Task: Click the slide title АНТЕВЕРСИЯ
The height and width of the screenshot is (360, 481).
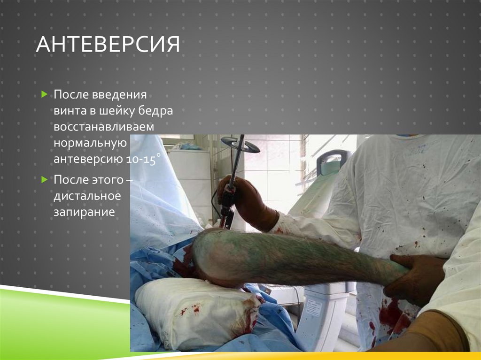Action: click(x=108, y=46)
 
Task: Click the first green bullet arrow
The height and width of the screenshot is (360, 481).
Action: click(x=44, y=95)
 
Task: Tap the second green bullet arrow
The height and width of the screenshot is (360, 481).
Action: click(x=44, y=179)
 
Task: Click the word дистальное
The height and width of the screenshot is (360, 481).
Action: click(x=87, y=196)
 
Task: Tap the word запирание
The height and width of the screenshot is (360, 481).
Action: click(x=84, y=212)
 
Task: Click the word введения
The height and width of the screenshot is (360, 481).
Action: click(x=124, y=95)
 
